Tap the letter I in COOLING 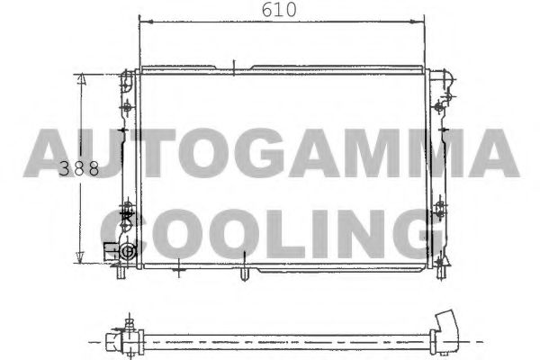click(x=322, y=232)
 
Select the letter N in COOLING click(x=362, y=232)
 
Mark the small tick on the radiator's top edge click(x=232, y=65)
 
